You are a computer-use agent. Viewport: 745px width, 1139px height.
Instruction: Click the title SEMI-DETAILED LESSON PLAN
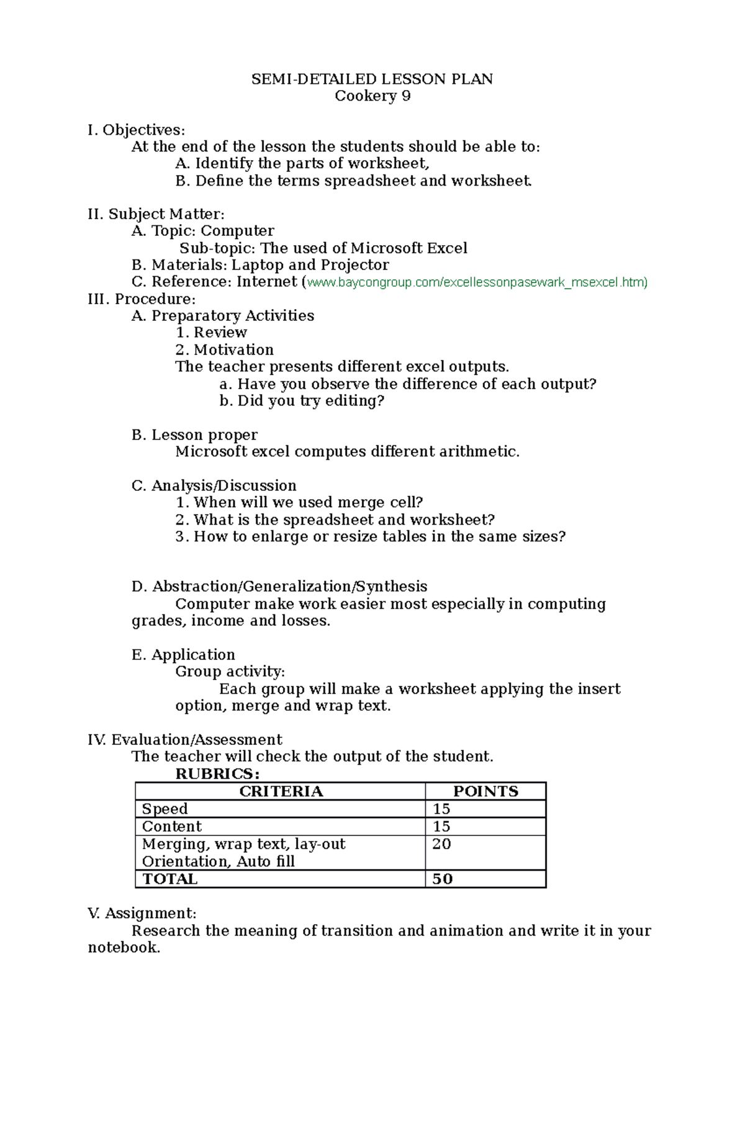click(x=372, y=79)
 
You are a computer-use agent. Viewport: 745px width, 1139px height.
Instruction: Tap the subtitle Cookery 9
click(x=372, y=96)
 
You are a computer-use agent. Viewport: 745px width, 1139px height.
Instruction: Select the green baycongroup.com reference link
click(x=477, y=282)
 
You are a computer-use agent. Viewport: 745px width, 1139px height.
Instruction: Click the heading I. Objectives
click(x=137, y=130)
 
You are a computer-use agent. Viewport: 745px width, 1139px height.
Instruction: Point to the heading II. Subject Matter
click(x=156, y=214)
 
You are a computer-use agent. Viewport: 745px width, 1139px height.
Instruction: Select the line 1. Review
click(x=211, y=333)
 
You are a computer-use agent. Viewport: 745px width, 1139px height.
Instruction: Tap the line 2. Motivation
click(x=224, y=349)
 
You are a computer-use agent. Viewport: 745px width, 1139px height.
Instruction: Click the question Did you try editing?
click(x=302, y=401)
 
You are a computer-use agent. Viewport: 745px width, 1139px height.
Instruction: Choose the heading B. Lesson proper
click(x=194, y=434)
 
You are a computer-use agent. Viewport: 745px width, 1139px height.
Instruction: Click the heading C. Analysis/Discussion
click(x=214, y=485)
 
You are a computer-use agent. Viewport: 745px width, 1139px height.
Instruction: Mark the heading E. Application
click(x=183, y=655)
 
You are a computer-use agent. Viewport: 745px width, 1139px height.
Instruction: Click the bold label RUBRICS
click(x=217, y=773)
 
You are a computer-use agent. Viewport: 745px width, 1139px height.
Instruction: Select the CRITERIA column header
click(x=281, y=791)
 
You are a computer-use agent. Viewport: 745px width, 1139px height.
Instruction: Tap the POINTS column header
click(x=485, y=791)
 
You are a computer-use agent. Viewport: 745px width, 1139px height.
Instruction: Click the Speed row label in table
click(x=165, y=809)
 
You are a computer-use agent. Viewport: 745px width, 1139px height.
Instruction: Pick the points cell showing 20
click(x=441, y=844)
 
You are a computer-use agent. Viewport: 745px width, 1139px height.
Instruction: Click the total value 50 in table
click(x=442, y=879)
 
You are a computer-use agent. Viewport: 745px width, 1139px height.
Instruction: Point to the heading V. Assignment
click(x=142, y=913)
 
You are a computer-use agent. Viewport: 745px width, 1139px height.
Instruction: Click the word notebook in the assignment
click(x=123, y=948)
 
